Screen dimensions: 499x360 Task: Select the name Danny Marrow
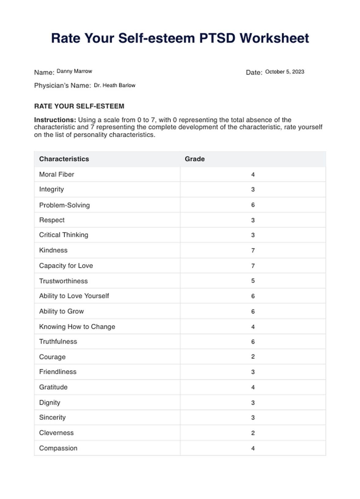(74, 71)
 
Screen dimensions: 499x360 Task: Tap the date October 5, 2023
(284, 72)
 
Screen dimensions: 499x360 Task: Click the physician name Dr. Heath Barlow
(114, 85)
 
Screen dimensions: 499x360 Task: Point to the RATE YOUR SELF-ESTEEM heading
(79, 106)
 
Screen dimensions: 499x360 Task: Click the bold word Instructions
(55, 120)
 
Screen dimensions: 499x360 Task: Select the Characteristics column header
(64, 159)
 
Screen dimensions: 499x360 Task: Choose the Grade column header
(195, 159)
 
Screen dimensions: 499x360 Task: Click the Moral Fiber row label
(57, 174)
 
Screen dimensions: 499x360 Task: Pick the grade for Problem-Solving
(253, 205)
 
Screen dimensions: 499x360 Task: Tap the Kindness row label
(53, 250)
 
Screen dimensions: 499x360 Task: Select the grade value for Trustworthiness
(253, 281)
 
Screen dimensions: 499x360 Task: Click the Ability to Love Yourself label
(74, 296)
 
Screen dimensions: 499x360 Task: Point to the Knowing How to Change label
(77, 327)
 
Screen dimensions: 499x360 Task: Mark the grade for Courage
(253, 357)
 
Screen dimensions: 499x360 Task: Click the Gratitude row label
(53, 387)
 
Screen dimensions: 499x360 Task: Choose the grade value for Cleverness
(253, 433)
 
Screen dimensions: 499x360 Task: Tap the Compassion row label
(58, 448)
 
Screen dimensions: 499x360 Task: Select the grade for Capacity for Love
(253, 266)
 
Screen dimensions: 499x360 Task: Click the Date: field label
(254, 73)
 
